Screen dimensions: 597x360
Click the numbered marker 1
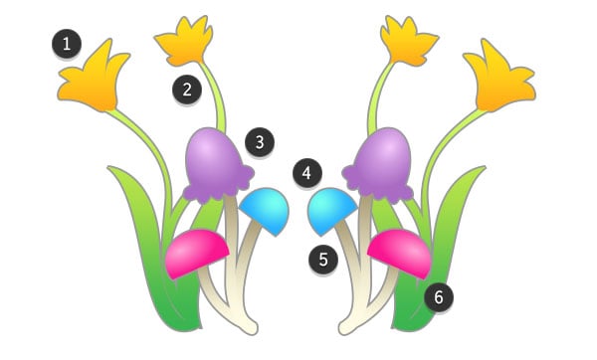[67, 44]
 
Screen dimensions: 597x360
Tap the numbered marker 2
[184, 89]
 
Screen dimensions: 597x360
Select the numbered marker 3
[260, 142]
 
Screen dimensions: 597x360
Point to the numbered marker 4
[307, 174]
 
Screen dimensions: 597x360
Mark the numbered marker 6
[437, 295]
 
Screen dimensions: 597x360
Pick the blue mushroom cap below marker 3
[267, 207]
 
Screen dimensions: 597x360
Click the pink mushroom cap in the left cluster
[196, 252]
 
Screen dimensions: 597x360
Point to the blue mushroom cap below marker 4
[331, 207]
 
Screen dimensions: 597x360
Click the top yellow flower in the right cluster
[409, 43]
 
